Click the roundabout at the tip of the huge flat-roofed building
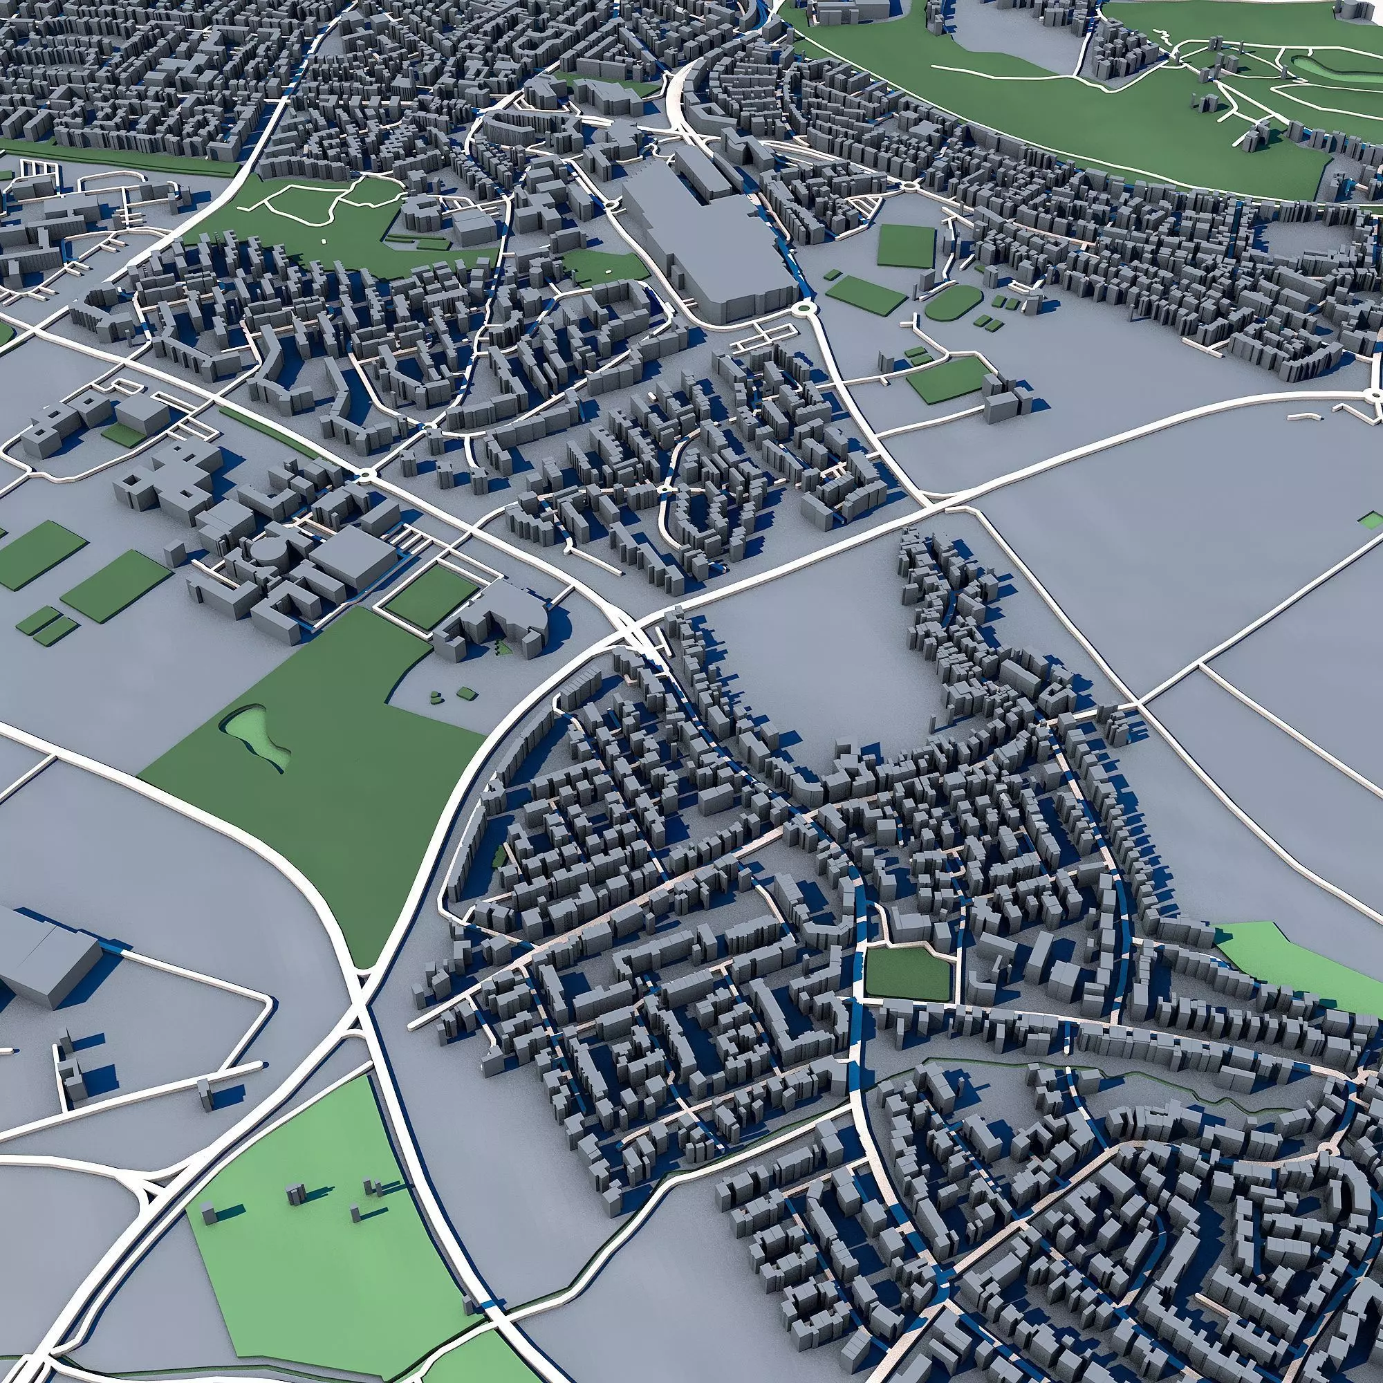806,309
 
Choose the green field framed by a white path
429,597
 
